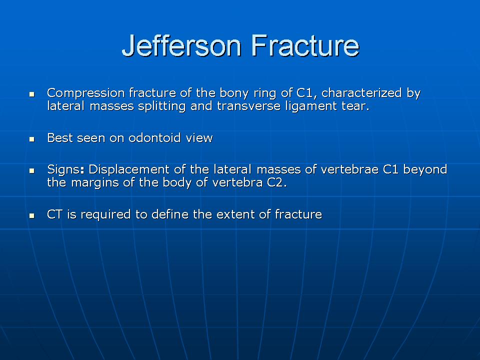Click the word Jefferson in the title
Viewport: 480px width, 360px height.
tap(182, 46)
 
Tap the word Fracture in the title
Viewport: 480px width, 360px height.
tap(305, 45)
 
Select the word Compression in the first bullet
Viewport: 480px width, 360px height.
tap(85, 93)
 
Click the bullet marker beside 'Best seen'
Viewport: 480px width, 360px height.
tap(32, 139)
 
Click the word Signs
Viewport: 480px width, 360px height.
tap(65, 169)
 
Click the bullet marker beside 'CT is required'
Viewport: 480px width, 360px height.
tap(32, 216)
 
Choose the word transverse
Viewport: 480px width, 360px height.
tap(248, 106)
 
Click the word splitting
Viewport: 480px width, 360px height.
tap(161, 106)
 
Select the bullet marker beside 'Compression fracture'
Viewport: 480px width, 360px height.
tap(32, 94)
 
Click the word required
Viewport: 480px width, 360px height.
tap(105, 214)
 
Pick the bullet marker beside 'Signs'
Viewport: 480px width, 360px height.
tap(32, 171)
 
